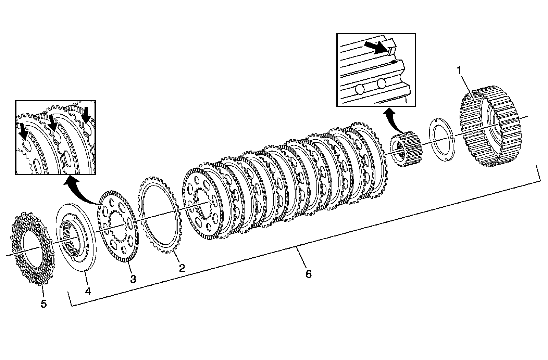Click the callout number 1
[459, 70]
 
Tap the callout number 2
[182, 268]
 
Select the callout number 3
[133, 279]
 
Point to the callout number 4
[88, 291]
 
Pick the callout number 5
[43, 304]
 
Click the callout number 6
[308, 274]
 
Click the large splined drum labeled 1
[490, 127]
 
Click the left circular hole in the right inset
[360, 89]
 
